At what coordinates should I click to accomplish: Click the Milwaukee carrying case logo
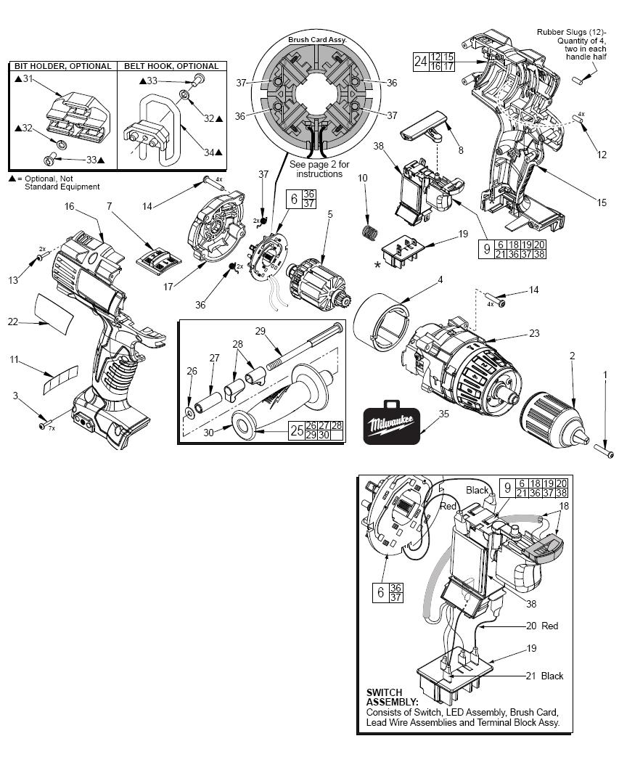pyautogui.click(x=393, y=423)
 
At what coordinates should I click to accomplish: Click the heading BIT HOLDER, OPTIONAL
pyautogui.click(x=63, y=66)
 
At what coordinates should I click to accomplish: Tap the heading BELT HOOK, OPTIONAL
pyautogui.click(x=161, y=66)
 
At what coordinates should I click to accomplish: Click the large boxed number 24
pyautogui.click(x=420, y=61)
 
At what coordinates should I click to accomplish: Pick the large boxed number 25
pyautogui.click(x=297, y=430)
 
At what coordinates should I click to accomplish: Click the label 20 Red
pyautogui.click(x=544, y=626)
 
